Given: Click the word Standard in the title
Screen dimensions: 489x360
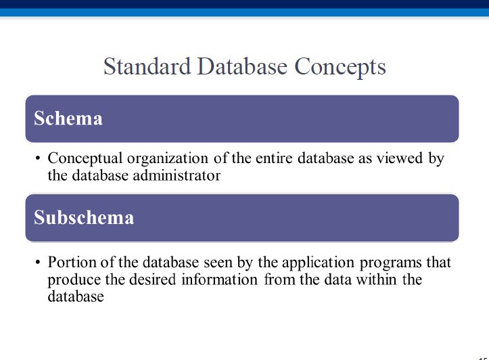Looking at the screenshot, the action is (x=147, y=66).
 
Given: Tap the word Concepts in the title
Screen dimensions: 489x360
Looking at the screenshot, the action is (x=340, y=68).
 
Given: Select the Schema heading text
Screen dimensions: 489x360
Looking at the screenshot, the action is (x=68, y=118).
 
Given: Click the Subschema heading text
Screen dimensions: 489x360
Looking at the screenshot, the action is (x=84, y=217).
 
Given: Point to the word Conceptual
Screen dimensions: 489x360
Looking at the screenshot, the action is (x=85, y=159).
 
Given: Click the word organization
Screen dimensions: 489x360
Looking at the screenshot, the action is (x=168, y=159).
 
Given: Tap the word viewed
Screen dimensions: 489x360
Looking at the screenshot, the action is (x=400, y=158).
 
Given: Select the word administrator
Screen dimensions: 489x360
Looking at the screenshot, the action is (x=177, y=175).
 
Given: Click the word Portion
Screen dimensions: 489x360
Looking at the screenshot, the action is (x=72, y=262).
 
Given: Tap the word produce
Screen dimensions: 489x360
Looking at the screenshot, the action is (x=74, y=280).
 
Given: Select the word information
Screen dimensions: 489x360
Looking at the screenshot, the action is (x=220, y=279).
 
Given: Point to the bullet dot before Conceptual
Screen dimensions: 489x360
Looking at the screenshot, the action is (x=38, y=158).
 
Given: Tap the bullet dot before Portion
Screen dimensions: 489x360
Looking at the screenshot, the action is (x=38, y=263).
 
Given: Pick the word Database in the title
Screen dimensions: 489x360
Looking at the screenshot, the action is (x=242, y=66).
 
